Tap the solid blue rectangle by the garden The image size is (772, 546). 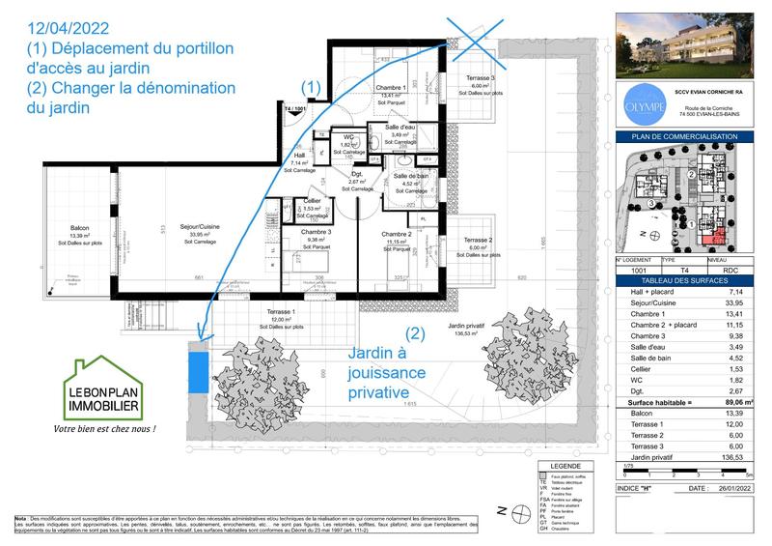[x=197, y=371]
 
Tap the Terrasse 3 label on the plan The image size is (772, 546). [x=479, y=77]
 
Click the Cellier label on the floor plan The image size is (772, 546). [x=312, y=201]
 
